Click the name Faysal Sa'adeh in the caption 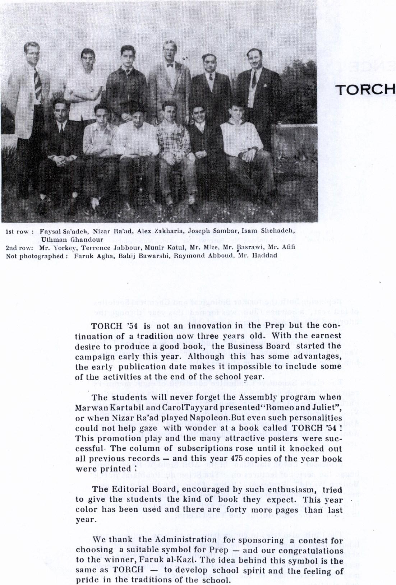coord(57,232)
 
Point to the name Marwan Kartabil coord(101,408)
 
